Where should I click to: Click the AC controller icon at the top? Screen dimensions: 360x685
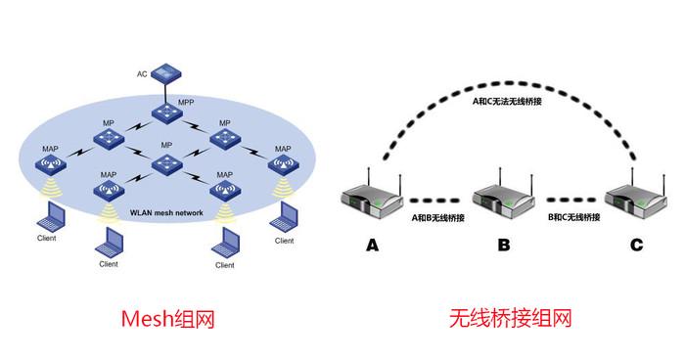[x=167, y=73]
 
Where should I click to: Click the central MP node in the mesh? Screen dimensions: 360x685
[x=166, y=161]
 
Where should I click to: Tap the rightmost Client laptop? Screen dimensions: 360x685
[x=285, y=216]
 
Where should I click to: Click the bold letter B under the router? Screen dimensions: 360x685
[x=502, y=247]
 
